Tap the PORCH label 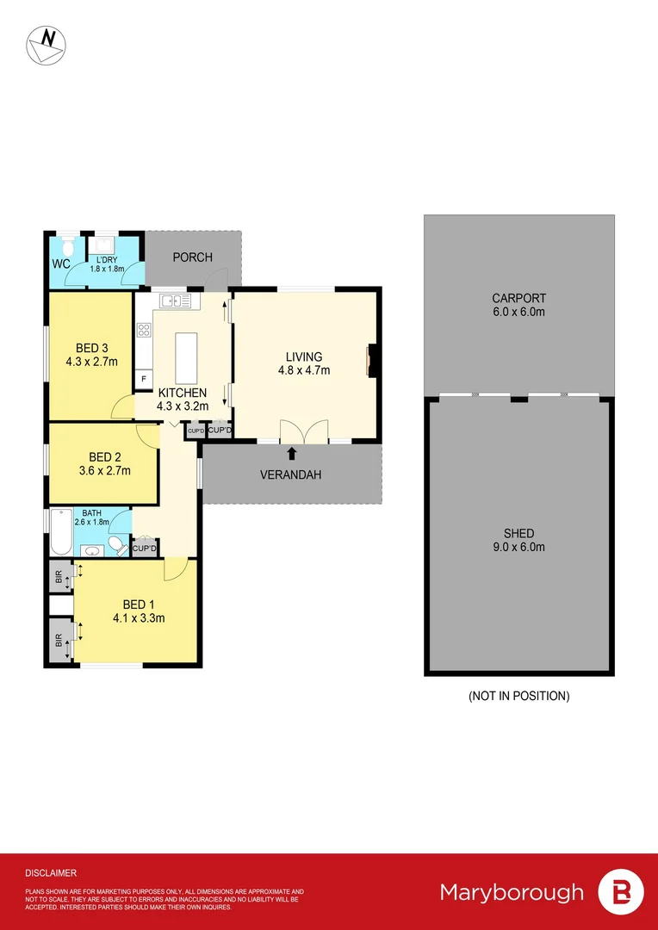click(192, 257)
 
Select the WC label click(61, 263)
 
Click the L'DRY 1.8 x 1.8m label click(109, 263)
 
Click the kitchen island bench click(185, 358)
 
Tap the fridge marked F click(144, 378)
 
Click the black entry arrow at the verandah click(292, 452)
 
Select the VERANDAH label click(292, 474)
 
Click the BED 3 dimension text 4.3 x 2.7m click(91, 362)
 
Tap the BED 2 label click(103, 457)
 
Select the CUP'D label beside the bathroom click(145, 549)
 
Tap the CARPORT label click(518, 299)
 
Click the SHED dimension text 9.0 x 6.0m click(519, 547)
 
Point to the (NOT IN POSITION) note click(518, 696)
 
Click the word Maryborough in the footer click(512, 892)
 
